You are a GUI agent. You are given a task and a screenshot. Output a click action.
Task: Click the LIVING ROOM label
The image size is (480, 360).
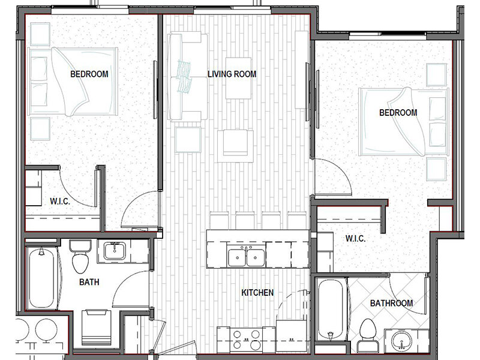tap(232, 74)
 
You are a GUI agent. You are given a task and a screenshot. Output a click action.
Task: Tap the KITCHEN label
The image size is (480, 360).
tap(257, 293)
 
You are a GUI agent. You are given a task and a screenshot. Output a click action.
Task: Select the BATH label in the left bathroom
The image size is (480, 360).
tap(89, 282)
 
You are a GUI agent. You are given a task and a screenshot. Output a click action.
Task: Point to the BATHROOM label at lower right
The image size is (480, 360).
tap(391, 303)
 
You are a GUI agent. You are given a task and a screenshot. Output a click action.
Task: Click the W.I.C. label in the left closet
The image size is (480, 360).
tap(60, 202)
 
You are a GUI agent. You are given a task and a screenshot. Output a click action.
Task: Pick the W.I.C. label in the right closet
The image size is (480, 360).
tap(355, 238)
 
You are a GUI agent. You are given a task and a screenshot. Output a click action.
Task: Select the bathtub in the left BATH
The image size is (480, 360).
tap(42, 278)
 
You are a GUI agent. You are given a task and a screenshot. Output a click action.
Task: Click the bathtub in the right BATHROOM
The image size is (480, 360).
tap(331, 309)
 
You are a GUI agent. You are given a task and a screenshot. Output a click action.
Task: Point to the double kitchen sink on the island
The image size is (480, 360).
tap(246, 257)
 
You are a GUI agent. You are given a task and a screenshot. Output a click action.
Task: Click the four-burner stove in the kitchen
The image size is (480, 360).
tap(246, 339)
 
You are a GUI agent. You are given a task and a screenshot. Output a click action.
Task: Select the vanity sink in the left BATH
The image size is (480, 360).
tap(115, 251)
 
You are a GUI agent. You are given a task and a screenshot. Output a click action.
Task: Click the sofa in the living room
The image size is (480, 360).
tap(187, 77)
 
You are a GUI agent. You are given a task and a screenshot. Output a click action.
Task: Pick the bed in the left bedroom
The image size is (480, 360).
tap(73, 82)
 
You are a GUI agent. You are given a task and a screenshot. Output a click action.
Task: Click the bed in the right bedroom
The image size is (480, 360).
tap(403, 122)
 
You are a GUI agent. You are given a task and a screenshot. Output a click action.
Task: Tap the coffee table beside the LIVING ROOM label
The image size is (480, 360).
tap(238, 78)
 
